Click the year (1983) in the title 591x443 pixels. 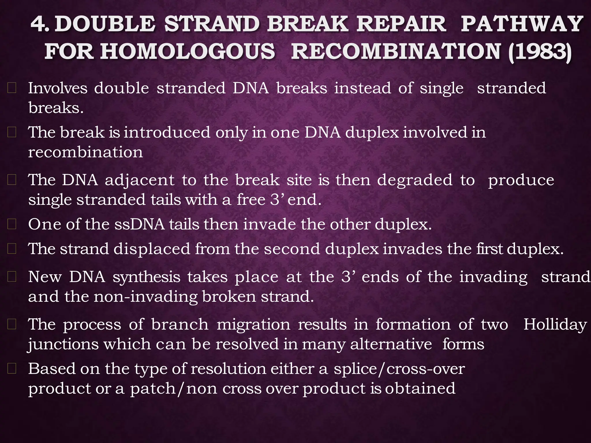(539, 52)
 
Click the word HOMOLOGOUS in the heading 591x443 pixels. (188, 52)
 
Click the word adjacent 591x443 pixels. (140, 181)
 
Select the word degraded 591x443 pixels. (415, 181)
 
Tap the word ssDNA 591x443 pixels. (139, 224)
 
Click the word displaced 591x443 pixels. (152, 249)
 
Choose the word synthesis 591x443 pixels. (146, 277)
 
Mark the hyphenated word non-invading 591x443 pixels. (146, 296)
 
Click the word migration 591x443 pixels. (253, 324)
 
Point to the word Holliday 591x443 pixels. (555, 324)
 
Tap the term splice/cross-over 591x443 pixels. (399, 369)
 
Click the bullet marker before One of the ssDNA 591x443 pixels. (12, 224)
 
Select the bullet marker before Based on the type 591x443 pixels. (12, 369)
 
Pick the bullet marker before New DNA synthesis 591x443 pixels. (12, 277)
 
